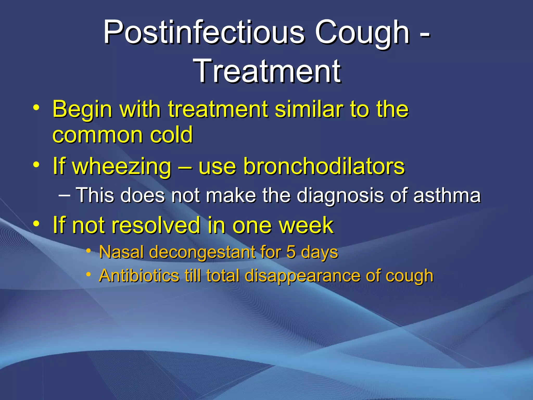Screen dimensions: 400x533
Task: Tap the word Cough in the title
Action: tap(362, 33)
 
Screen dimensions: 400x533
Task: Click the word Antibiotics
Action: tap(139, 275)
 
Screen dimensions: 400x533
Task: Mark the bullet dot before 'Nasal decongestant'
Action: tap(89, 251)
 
